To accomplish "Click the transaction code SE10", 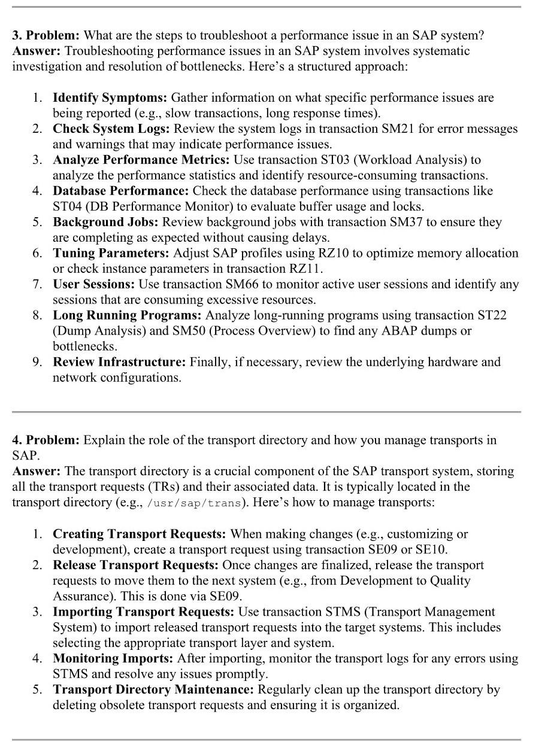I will click(x=431, y=549).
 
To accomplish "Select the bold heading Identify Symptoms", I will click(x=111, y=98).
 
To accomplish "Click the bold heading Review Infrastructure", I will click(x=120, y=362).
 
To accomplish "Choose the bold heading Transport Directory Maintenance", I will click(x=153, y=689).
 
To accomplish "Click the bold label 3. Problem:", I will click(x=46, y=35).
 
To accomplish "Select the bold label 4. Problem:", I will click(x=46, y=440).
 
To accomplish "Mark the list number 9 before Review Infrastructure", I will click(x=37, y=362).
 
